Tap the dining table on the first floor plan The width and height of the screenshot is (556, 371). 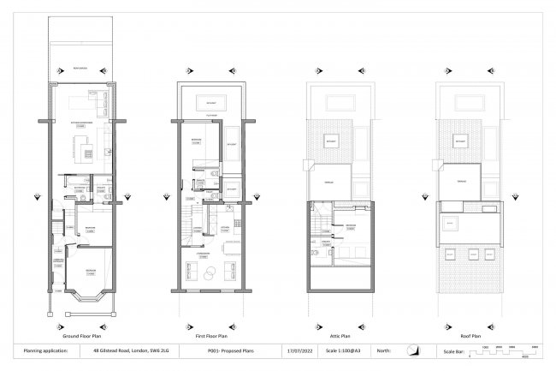click(228, 248)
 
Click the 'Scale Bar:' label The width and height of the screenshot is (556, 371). click(453, 351)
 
